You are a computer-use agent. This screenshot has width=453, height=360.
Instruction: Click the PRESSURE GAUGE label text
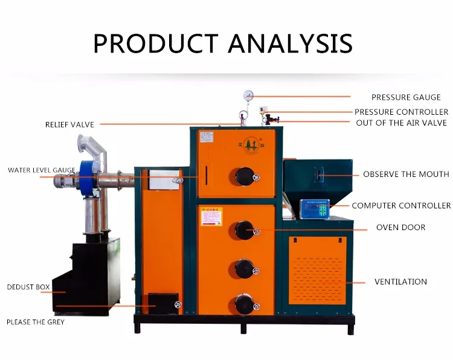point(406,97)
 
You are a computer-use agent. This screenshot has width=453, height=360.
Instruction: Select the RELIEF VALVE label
point(69,125)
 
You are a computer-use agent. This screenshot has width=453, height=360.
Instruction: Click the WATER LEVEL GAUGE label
point(42,170)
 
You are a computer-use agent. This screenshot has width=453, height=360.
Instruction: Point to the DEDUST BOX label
point(28,287)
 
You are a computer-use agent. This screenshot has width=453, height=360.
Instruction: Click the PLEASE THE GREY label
point(35,322)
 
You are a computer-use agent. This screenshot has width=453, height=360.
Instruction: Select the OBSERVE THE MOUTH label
point(406,175)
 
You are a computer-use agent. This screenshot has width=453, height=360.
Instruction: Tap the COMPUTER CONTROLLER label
point(401,206)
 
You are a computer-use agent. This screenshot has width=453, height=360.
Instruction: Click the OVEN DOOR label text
point(400,228)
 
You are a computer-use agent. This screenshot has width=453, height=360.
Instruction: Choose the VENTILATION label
point(400,282)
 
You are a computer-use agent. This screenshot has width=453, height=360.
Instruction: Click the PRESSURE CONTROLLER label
point(401,112)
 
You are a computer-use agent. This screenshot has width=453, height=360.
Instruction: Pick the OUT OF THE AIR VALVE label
point(401,123)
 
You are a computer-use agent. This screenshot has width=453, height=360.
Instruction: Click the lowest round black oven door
point(244,303)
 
